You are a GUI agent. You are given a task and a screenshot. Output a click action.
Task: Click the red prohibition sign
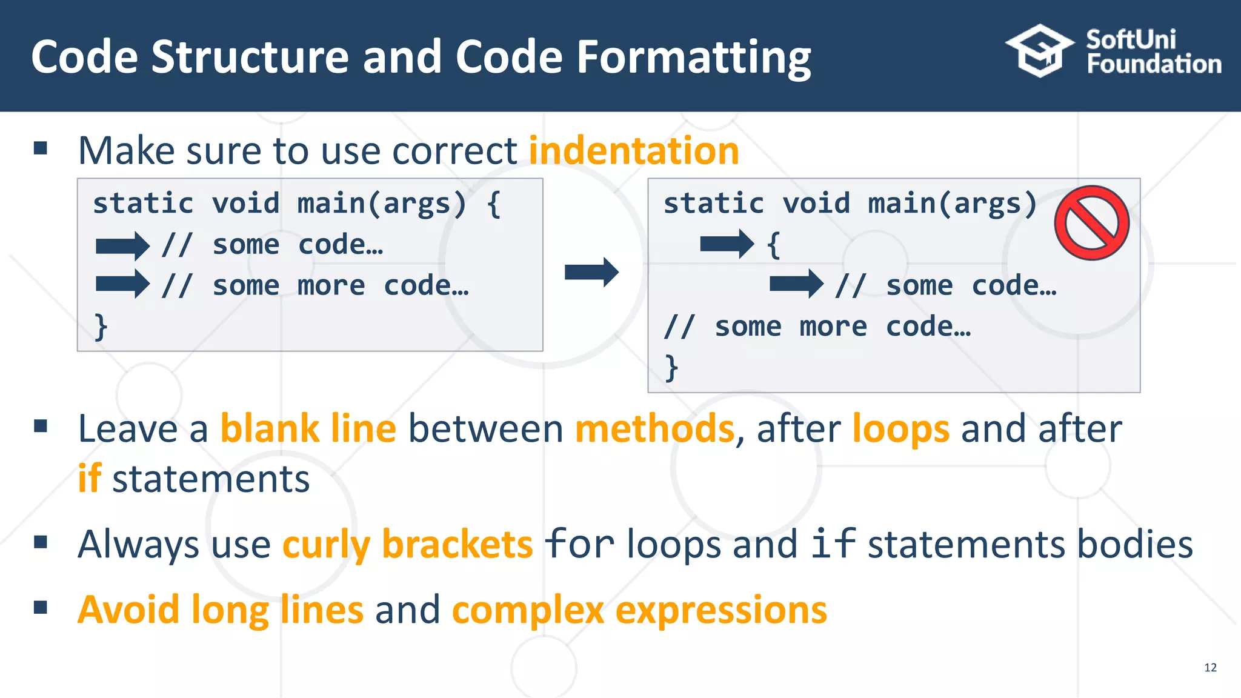coord(1091,223)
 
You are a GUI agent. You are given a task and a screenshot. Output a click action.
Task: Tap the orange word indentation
coord(634,151)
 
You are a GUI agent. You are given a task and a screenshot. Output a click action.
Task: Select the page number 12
coord(1210,668)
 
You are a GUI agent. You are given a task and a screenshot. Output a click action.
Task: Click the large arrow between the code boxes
coord(591,272)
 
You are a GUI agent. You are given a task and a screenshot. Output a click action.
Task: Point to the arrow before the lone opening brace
coord(727,244)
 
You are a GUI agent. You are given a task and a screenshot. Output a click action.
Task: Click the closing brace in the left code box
coord(101,327)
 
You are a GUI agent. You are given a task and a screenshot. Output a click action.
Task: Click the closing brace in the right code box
coord(671,368)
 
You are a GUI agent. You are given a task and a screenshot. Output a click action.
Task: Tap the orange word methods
coord(654,429)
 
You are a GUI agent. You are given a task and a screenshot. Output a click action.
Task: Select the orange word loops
coord(900,429)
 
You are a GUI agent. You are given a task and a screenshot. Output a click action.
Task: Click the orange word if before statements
coord(89,479)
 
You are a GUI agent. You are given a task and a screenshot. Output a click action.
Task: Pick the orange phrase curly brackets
coord(407,544)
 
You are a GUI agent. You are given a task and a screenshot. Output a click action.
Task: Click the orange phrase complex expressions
coord(639,610)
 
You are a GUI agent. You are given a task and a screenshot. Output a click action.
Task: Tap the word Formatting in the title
coord(693,58)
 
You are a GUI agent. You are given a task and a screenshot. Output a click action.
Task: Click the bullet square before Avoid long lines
coord(41,607)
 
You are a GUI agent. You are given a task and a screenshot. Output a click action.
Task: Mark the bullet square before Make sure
coord(41,148)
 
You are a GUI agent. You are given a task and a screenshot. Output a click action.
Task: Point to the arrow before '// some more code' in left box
coord(122,284)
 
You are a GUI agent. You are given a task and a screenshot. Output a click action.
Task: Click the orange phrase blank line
coord(308,429)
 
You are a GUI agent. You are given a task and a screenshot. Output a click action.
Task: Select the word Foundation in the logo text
coord(1154,64)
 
